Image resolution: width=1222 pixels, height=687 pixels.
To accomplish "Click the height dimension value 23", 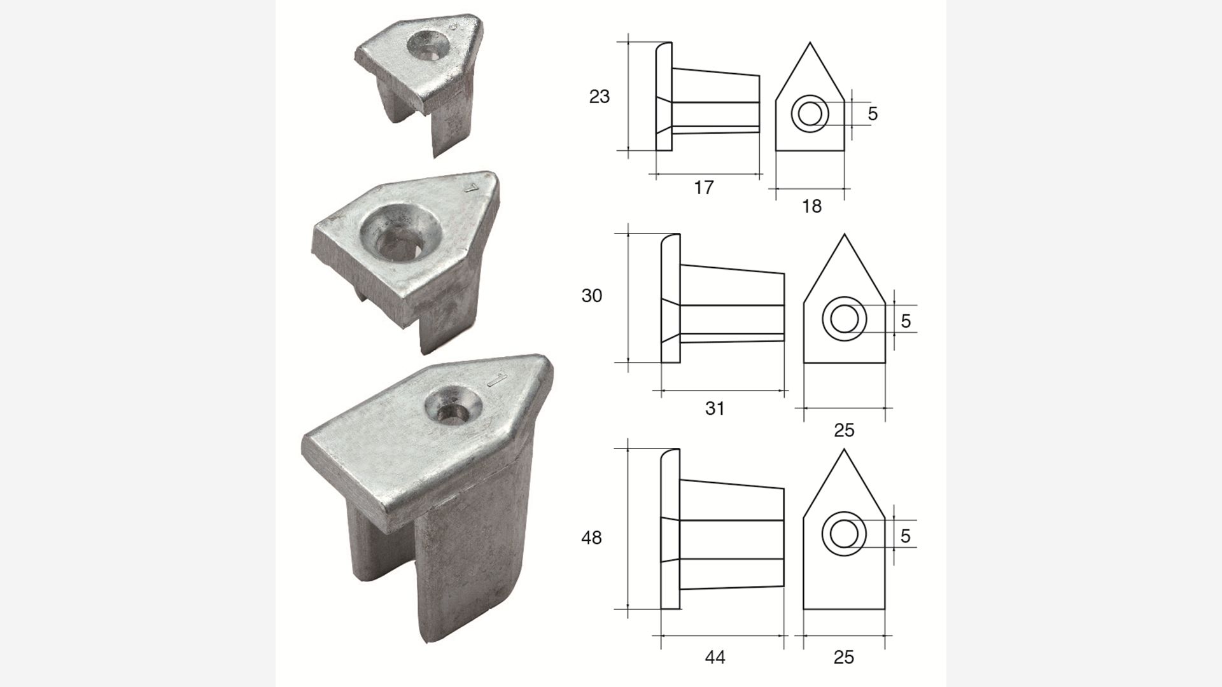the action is [x=600, y=97].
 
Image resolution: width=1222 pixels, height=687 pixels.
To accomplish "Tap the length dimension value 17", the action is [x=703, y=188].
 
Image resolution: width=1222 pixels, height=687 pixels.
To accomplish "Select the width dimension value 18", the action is [x=811, y=206].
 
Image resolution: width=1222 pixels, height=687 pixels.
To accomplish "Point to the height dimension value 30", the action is [x=592, y=296].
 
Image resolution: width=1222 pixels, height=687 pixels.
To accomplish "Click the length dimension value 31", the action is [x=715, y=408].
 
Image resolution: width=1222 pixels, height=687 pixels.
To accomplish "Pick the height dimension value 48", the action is [x=591, y=538].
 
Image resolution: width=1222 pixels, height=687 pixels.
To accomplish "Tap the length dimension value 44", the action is [x=715, y=657].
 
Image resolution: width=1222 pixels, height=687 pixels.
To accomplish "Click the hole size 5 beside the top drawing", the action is [x=873, y=114].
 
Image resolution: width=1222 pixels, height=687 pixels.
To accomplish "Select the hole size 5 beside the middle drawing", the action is [x=906, y=321].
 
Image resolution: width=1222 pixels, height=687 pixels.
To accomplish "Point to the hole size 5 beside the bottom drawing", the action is [x=906, y=536].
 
